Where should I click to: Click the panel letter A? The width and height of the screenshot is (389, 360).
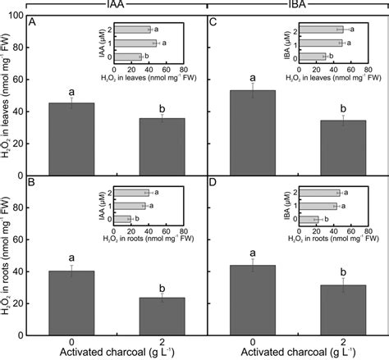click(32, 23)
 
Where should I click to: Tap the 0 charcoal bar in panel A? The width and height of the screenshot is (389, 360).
click(71, 132)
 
